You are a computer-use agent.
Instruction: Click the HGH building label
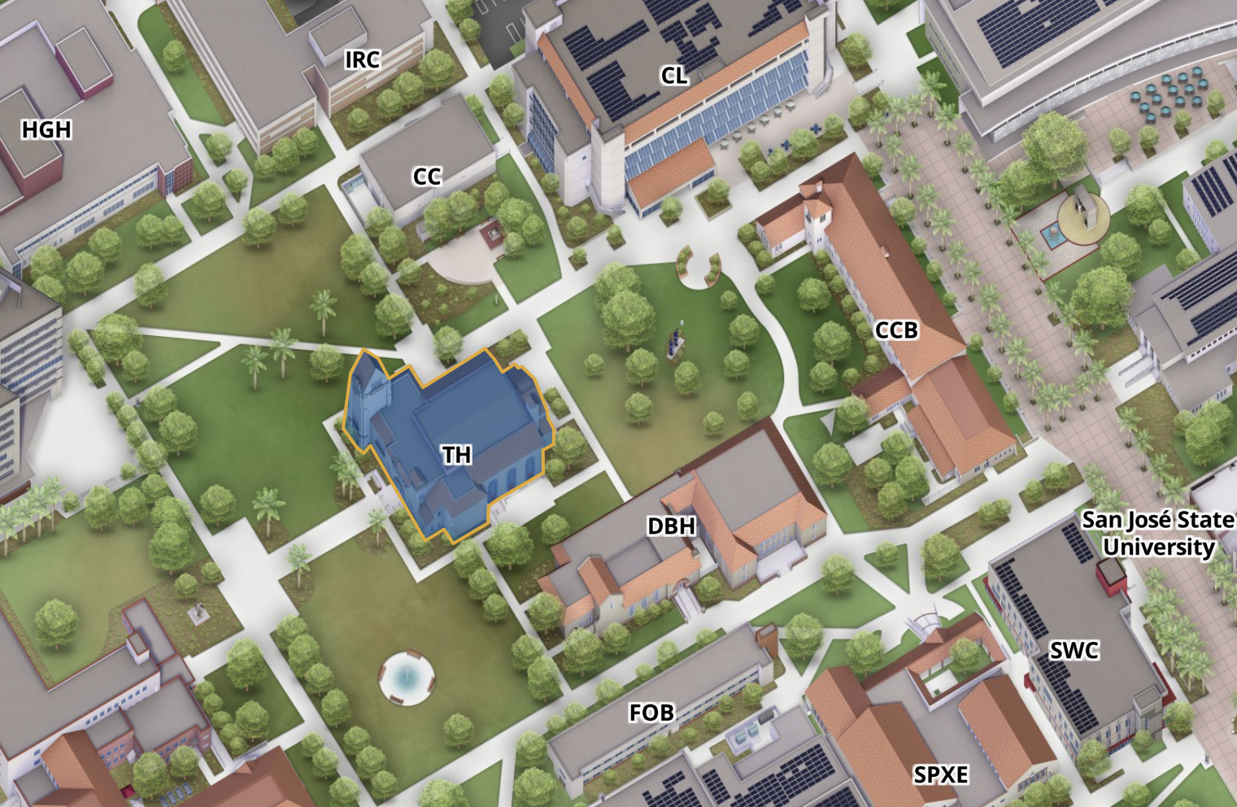click(x=46, y=129)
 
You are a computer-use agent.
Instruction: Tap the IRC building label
click(x=362, y=59)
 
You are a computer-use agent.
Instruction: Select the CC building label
click(x=427, y=177)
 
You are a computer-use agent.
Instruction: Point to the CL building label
click(x=674, y=76)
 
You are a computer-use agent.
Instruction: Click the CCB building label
click(x=896, y=330)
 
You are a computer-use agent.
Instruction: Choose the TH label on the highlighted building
click(x=457, y=455)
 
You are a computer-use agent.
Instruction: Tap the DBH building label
click(x=672, y=526)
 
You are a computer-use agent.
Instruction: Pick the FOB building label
click(x=651, y=713)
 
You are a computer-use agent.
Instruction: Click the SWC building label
click(x=1074, y=650)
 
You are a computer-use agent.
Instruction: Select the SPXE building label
click(x=941, y=774)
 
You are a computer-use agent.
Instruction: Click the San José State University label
click(x=1158, y=534)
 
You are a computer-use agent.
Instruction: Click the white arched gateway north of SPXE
click(x=925, y=623)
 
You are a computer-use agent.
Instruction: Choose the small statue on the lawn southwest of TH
click(x=196, y=612)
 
